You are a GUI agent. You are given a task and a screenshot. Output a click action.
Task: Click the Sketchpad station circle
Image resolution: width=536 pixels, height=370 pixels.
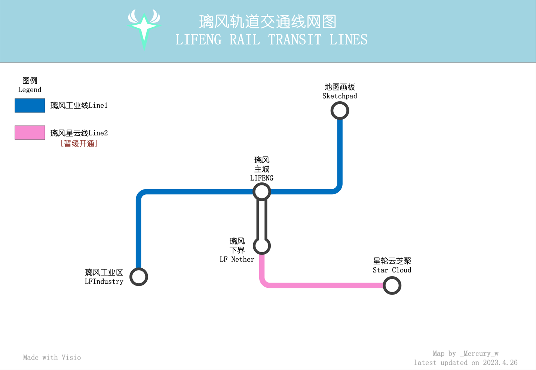[340, 111]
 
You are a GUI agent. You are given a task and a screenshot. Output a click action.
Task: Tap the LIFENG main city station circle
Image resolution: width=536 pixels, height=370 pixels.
[262, 192]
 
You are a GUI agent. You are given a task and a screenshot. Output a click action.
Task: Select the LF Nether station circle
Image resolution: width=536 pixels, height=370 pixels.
[262, 246]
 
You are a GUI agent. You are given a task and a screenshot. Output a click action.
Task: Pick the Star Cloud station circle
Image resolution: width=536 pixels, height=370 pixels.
[392, 286]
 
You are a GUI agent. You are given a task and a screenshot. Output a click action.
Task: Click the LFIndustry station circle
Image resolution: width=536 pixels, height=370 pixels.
[139, 277]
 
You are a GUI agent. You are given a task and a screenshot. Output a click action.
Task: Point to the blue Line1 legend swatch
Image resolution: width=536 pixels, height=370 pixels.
[30, 105]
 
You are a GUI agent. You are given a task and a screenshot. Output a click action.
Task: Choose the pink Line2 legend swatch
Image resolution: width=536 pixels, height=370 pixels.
[30, 132]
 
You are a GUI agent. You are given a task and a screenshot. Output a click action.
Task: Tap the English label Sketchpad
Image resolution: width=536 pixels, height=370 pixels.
[340, 96]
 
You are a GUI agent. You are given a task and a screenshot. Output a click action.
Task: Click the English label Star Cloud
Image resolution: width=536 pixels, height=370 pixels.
[392, 270]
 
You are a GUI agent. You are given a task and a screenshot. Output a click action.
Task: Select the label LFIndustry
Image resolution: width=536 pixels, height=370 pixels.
[104, 281]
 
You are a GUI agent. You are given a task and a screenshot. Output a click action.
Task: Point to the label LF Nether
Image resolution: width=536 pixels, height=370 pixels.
[237, 259]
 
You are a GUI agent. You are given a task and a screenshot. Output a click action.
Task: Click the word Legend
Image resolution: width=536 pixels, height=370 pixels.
[30, 90]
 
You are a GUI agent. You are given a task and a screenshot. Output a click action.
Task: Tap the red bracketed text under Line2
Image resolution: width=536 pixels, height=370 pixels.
[79, 144]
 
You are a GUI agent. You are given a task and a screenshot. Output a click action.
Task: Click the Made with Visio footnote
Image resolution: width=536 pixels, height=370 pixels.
[52, 357]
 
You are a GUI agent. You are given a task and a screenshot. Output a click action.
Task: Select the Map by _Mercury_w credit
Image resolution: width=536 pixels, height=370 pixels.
[466, 354]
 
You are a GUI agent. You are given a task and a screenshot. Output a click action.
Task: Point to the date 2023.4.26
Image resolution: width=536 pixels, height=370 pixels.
[500, 363]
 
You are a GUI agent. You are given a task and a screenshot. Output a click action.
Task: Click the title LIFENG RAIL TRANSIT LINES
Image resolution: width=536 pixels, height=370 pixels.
[271, 40]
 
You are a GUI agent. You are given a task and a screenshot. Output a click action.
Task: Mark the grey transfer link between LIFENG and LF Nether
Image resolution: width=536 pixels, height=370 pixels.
[262, 219]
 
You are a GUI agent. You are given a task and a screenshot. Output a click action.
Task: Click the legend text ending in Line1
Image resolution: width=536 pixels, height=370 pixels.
[79, 105]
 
